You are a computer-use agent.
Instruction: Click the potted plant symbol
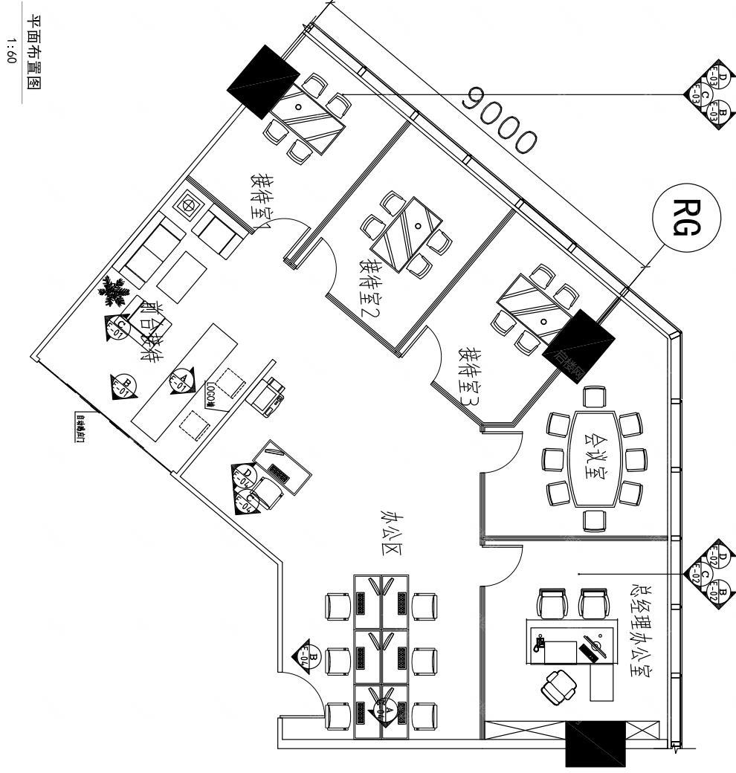tap(114, 291)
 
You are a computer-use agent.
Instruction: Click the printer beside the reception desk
tap(269, 393)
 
